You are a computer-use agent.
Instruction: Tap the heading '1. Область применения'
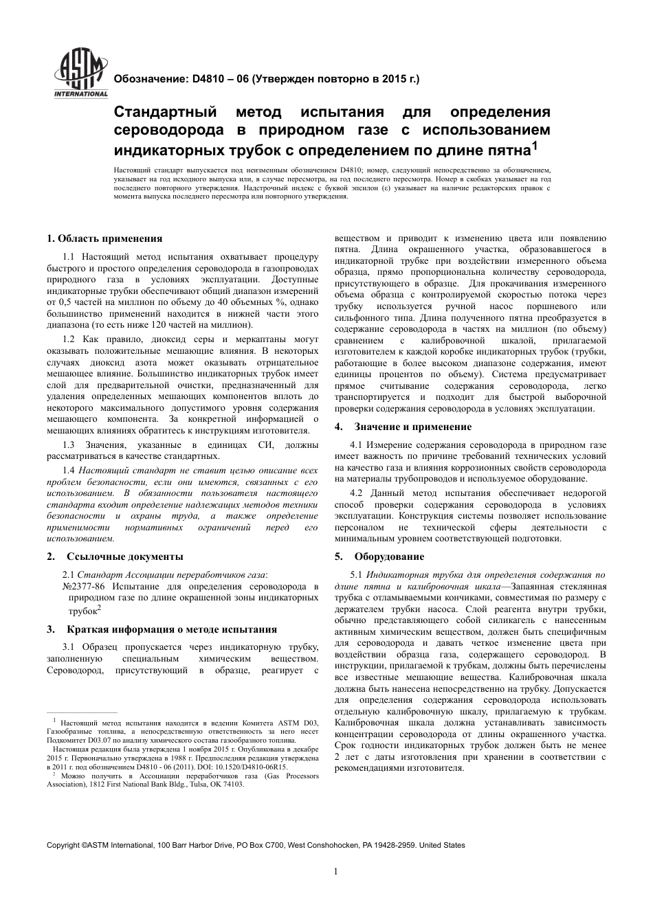click(104, 238)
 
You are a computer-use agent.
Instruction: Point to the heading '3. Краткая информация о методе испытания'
click(162, 629)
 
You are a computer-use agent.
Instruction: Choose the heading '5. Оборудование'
click(379, 556)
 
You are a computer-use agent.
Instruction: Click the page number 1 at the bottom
click(336, 872)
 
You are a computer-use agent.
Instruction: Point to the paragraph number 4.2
click(357, 493)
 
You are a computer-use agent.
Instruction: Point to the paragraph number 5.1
click(357, 574)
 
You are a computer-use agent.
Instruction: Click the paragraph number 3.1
click(69, 647)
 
